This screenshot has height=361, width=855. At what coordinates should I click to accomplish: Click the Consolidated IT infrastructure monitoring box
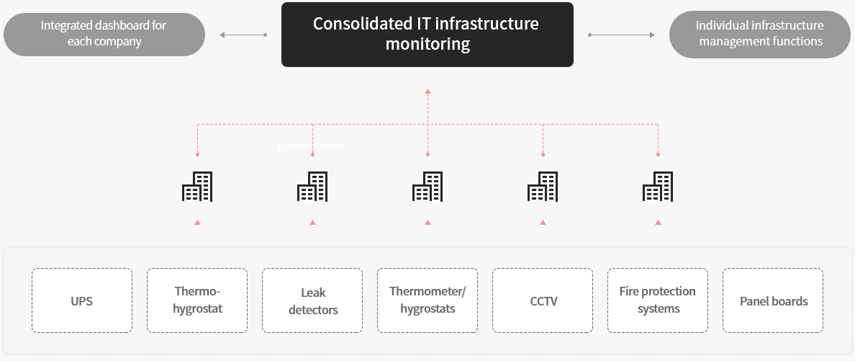pyautogui.click(x=427, y=35)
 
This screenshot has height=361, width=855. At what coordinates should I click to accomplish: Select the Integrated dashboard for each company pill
pyautogui.click(x=104, y=34)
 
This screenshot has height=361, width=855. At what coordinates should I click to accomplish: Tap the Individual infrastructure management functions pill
pyautogui.click(x=760, y=34)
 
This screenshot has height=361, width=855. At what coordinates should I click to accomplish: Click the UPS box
pyautogui.click(x=82, y=300)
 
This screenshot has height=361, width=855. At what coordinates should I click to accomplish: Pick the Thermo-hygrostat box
pyautogui.click(x=197, y=300)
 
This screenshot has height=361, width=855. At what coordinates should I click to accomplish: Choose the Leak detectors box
pyautogui.click(x=312, y=300)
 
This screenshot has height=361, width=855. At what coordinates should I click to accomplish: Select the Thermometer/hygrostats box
pyautogui.click(x=427, y=300)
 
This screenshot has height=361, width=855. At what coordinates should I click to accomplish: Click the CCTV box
pyautogui.click(x=543, y=300)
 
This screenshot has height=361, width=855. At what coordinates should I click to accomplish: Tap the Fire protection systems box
pyautogui.click(x=658, y=300)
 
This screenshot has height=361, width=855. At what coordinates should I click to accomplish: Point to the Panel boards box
pyautogui.click(x=773, y=300)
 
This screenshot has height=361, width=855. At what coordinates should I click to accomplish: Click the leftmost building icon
pyautogui.click(x=196, y=187)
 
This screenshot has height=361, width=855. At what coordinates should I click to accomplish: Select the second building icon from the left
pyautogui.click(x=312, y=187)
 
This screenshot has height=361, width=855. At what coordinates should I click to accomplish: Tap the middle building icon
pyautogui.click(x=427, y=187)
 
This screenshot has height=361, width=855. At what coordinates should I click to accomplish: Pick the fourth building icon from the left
pyautogui.click(x=542, y=187)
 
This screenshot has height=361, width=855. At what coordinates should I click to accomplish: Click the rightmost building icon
pyautogui.click(x=657, y=187)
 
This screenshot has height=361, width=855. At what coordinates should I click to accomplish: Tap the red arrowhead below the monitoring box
pyautogui.click(x=427, y=92)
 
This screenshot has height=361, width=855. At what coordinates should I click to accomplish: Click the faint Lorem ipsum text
pyautogui.click(x=311, y=146)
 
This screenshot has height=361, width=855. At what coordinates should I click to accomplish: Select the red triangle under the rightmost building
pyautogui.click(x=658, y=223)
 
